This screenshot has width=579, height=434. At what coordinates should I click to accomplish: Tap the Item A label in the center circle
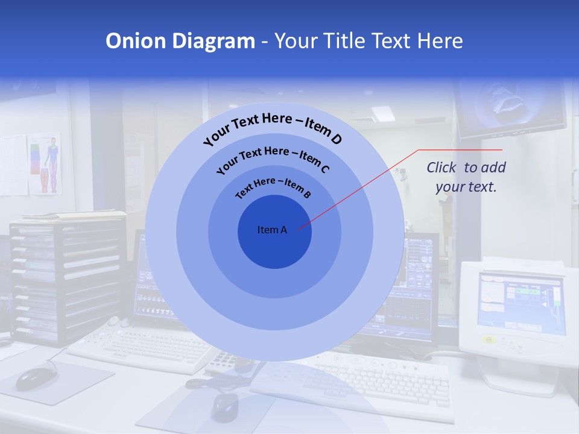[272, 230]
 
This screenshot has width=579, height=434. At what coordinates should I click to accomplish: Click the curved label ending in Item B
[273, 187]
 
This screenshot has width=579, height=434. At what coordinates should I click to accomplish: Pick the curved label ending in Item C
[273, 159]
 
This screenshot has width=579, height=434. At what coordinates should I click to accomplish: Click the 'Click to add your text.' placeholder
[466, 177]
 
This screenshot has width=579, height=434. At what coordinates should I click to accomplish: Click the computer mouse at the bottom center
[225, 406]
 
